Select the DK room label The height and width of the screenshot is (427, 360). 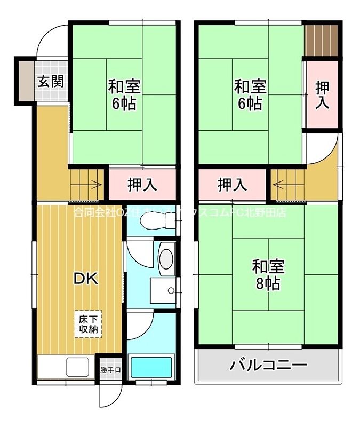[85, 278]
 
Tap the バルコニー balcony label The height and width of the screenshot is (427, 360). [269, 366]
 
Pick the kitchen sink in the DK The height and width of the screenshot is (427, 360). [77, 367]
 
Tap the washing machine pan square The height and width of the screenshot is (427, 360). [165, 290]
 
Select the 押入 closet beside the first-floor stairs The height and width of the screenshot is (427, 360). [142, 185]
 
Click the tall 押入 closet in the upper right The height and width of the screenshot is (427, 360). [322, 95]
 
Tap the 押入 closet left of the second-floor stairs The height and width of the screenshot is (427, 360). [232, 185]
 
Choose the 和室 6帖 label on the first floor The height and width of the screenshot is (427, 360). [124, 94]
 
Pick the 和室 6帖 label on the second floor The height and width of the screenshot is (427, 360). [250, 94]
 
